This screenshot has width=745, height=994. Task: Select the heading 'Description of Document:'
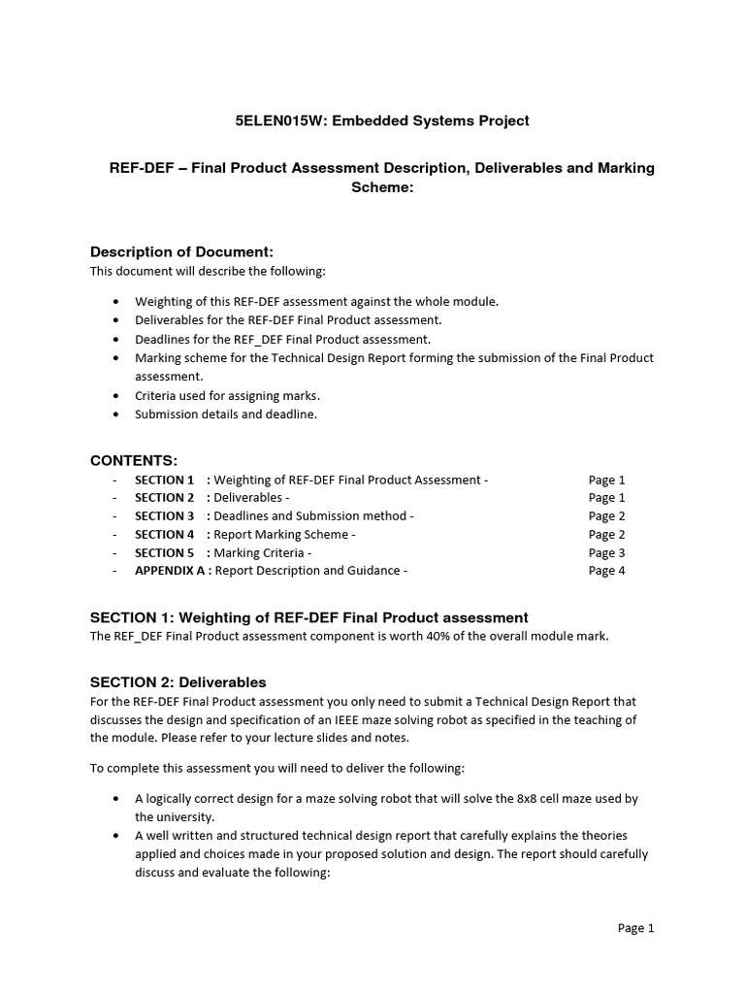(x=175, y=252)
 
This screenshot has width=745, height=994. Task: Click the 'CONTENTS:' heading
(x=134, y=460)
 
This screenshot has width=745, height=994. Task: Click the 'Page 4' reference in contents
(x=606, y=571)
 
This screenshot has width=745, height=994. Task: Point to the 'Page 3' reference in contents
(x=606, y=552)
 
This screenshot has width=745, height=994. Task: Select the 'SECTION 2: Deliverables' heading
(x=178, y=682)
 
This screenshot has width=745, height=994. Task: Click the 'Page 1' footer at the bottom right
(x=635, y=928)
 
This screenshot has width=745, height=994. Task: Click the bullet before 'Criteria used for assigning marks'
(x=116, y=396)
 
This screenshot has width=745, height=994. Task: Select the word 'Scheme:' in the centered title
(x=381, y=186)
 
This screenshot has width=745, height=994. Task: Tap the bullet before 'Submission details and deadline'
(x=116, y=414)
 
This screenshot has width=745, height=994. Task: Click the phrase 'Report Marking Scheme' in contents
(x=280, y=535)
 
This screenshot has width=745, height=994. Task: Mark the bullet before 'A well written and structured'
(x=116, y=836)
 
